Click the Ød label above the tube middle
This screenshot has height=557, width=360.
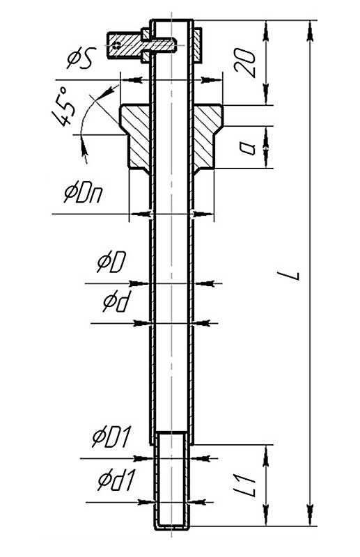115,303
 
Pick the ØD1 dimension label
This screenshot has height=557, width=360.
112,438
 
